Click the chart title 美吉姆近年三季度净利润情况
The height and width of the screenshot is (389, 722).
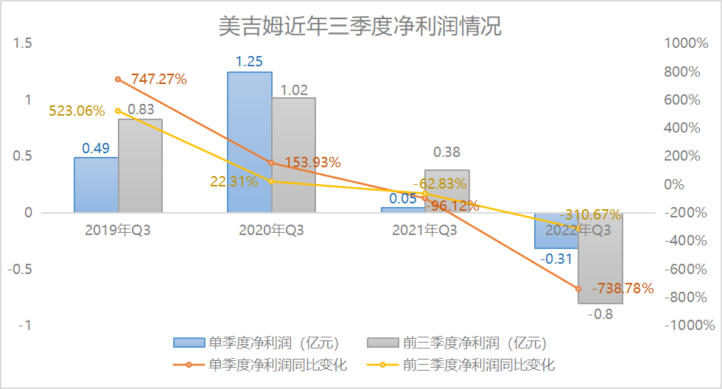[x=360, y=27]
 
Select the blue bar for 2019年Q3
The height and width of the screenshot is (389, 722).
[x=96, y=185]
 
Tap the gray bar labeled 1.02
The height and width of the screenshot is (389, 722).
[x=293, y=155]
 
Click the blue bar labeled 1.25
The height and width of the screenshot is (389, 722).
[x=249, y=142]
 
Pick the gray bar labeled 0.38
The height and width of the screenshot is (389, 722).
[x=447, y=191]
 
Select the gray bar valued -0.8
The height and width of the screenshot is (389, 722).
[x=600, y=258]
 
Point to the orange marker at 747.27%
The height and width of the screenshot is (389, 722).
[x=118, y=79]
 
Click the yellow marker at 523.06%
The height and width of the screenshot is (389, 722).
[x=118, y=111]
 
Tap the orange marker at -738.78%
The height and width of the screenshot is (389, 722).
[x=578, y=289]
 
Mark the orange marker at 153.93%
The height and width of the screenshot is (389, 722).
[x=271, y=163]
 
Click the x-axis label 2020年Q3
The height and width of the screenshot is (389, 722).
[x=271, y=230]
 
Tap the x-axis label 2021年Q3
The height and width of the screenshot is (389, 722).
[x=424, y=230]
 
